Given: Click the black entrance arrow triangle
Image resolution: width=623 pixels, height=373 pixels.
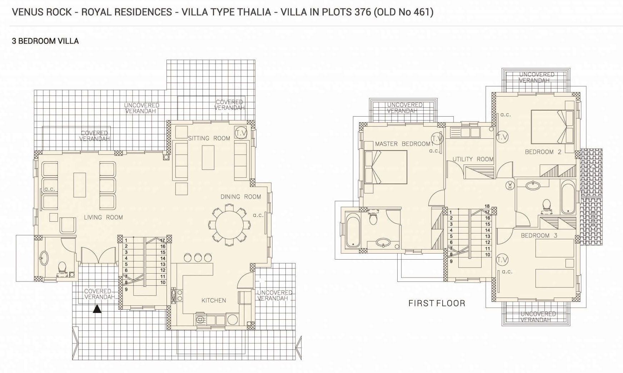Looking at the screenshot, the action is tap(97, 309).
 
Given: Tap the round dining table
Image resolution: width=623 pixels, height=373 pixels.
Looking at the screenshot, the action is tap(229, 225).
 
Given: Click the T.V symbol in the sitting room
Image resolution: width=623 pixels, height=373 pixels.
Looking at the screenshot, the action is tap(241, 133).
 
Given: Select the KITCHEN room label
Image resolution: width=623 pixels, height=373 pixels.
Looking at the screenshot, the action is tap(214, 300).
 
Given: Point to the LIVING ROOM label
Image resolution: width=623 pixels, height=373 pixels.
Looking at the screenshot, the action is tap(103, 217).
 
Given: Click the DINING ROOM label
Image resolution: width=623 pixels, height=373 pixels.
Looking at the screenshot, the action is tap(241, 197).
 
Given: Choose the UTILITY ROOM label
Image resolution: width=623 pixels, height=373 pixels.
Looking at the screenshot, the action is tap(473, 159).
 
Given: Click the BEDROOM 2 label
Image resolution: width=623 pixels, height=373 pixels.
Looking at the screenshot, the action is tap(543, 152).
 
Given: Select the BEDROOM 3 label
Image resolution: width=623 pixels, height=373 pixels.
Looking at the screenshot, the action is tap(539, 235).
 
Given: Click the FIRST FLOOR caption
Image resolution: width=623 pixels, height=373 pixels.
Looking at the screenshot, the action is tap(437, 303).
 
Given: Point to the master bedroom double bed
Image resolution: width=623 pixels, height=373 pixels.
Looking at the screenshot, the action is tap(386, 167).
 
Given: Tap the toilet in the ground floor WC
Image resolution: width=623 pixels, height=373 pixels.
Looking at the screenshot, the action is tap(62, 268).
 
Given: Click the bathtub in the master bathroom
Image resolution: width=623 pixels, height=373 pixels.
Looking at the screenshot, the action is tap(353, 230).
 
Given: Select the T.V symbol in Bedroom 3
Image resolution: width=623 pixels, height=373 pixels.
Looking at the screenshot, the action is tap(502, 260).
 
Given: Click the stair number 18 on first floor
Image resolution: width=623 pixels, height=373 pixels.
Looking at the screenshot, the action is tap(487, 206).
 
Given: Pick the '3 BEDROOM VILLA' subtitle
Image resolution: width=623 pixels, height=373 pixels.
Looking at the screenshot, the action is tap(45, 41).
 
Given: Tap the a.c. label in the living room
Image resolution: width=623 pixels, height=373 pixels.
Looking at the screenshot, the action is tap(50, 189).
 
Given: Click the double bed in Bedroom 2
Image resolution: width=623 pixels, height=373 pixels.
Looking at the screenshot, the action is tap(552, 127).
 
